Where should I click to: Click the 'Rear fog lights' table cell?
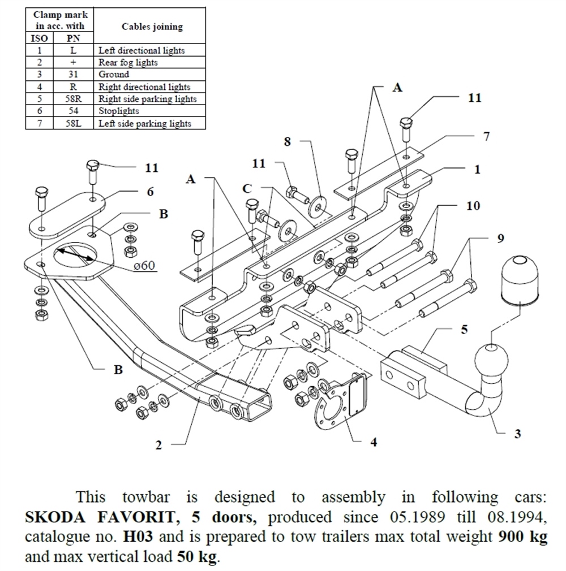pos(128,62)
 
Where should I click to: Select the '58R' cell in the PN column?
pos(73,99)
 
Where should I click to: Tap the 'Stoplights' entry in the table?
pos(115,111)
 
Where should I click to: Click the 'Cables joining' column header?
pos(152,27)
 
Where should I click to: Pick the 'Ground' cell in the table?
pos(114,75)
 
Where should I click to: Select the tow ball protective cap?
pos(519,280)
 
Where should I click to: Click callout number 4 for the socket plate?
pos(374,442)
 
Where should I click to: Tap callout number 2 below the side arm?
pos(159,445)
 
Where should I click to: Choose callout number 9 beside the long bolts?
pos(500,239)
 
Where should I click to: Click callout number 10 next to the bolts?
pos(473,206)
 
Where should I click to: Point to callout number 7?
pos(486,136)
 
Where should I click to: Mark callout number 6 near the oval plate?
pos(150,192)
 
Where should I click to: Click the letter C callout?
pos(247,188)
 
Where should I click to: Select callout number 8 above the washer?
pos(288,141)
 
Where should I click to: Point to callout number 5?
pos(465,329)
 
